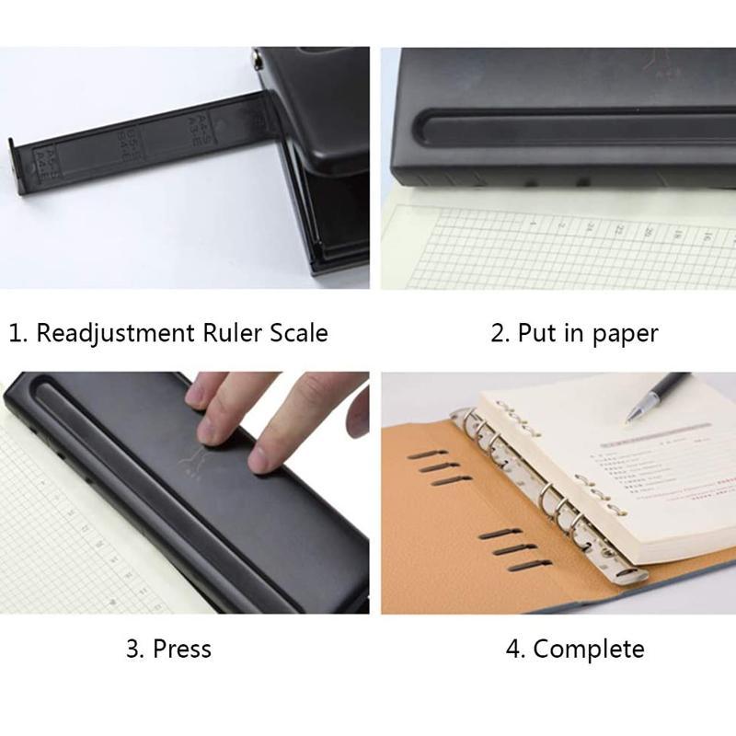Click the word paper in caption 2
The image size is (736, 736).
pyautogui.click(x=626, y=333)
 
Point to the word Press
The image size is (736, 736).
pyautogui.click(x=182, y=649)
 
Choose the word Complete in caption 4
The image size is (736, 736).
pyautogui.click(x=589, y=649)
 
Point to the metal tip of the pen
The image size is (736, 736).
pyautogui.click(x=630, y=419)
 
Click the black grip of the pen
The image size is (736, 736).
pyautogui.click(x=664, y=390)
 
